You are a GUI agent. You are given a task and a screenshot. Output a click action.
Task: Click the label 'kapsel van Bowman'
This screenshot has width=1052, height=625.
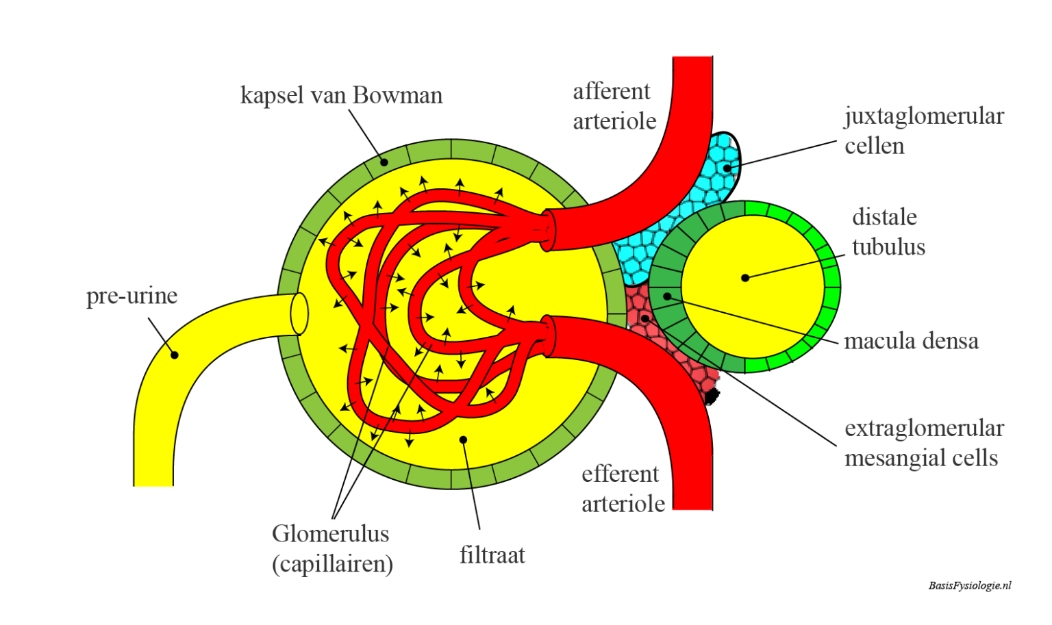pos(341,95)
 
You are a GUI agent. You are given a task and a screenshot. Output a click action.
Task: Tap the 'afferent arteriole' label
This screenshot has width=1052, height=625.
pos(614,106)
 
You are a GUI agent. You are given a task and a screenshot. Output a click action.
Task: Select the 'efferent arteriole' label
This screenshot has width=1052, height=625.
pos(623,489)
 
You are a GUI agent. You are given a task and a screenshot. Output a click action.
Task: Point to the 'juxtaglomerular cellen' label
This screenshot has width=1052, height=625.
pos(923,131)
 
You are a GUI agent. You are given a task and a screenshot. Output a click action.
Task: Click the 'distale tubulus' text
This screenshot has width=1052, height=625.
pos(888,232)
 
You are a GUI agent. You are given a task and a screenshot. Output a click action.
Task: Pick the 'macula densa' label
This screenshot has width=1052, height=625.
pos(911,341)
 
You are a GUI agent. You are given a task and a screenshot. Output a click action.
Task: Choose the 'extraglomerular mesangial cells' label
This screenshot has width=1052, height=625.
pos(923,443)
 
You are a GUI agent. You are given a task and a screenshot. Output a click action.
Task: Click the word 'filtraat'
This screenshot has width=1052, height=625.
pos(492,554)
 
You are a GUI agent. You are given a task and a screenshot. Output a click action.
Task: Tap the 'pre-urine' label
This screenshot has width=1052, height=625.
pos(131,296)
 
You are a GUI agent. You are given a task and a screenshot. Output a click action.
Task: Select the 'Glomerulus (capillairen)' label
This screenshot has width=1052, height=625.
pos(332,548)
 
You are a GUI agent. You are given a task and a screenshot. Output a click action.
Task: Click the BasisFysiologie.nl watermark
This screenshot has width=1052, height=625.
pos(969,585)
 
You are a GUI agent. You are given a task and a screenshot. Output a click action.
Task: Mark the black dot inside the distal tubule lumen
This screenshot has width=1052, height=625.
pos(745,277)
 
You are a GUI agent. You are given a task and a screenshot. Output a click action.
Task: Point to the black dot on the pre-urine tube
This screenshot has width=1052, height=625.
pos(175,355)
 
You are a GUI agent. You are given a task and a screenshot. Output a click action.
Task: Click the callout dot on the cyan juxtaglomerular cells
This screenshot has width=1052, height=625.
pos(727,168)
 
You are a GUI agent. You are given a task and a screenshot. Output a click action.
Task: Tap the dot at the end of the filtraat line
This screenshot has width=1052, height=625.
pos(464,439)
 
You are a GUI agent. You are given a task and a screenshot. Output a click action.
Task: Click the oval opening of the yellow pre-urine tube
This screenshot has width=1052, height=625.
pos(299,314)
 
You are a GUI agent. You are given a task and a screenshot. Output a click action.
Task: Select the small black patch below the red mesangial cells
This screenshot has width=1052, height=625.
pos(712,396)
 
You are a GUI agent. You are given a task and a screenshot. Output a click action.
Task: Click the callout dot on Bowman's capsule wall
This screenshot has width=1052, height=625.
pos(384,162)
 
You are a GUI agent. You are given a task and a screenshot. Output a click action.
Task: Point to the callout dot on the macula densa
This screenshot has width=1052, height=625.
pos(667,296)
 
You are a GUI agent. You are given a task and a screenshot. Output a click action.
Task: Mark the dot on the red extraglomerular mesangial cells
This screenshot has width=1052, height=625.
pos(644,318)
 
